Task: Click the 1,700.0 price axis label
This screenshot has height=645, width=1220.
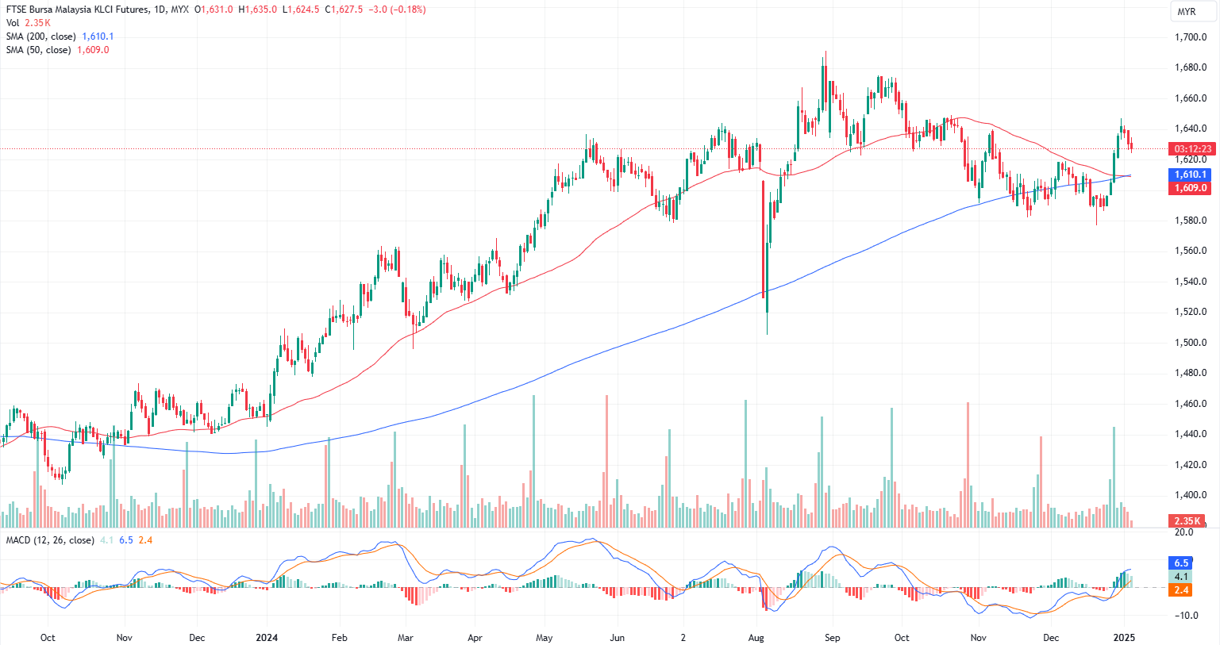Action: pos(1191,37)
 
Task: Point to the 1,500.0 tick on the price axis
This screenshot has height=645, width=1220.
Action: pos(1191,343)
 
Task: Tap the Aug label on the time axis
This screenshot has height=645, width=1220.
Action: pos(756,637)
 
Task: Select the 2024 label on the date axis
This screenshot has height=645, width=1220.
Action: pos(267,637)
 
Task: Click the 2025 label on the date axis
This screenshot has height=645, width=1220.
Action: pos(1124,637)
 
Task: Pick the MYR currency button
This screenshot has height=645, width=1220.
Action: pos(1187,12)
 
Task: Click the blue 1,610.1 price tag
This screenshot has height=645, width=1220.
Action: pos(1191,175)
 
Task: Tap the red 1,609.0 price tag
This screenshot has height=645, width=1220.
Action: pos(1191,188)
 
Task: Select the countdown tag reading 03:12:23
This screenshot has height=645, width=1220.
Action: pos(1192,148)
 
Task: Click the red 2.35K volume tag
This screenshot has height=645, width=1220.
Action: pos(1187,520)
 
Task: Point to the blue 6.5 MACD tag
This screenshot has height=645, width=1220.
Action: pos(1182,563)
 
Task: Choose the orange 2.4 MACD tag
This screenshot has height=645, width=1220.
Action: pos(1182,590)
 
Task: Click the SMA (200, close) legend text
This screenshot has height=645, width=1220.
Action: pos(41,36)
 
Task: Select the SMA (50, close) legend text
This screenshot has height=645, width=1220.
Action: pos(39,50)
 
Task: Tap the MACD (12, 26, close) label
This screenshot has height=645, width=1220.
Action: pos(50,540)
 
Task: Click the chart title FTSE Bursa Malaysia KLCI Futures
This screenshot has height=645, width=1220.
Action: pos(77,10)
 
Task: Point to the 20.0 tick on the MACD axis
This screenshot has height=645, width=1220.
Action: pos(1184,532)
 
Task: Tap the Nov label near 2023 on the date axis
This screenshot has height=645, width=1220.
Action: pos(124,637)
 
